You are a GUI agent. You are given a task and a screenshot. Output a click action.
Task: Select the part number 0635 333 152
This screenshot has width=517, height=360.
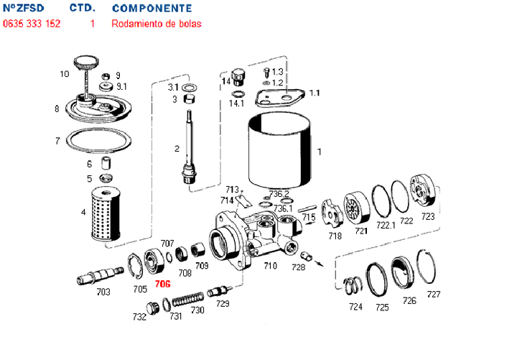click(x=32, y=24)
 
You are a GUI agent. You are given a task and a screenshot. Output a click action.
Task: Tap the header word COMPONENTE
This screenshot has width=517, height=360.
click(x=152, y=9)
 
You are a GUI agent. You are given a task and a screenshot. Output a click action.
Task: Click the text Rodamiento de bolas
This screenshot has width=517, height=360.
click(x=157, y=24)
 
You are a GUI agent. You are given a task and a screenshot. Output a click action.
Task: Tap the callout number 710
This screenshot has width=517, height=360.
click(x=270, y=266)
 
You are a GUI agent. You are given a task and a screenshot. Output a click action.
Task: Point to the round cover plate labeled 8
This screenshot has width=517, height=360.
click(x=98, y=109)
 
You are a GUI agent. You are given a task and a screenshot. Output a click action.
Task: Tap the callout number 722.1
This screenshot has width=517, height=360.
click(x=386, y=225)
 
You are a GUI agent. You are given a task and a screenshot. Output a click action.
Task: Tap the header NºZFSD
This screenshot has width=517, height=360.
click(x=23, y=9)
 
